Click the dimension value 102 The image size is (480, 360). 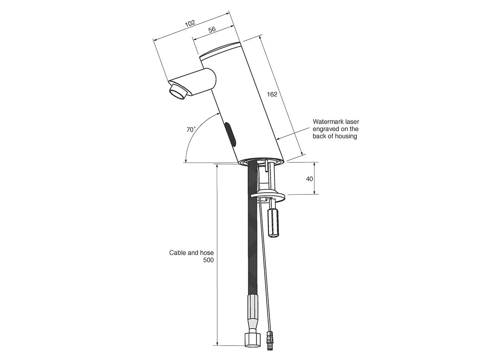point(190,23)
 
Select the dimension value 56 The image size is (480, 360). point(212,30)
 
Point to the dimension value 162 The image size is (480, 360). point(272,94)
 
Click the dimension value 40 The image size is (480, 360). point(309,179)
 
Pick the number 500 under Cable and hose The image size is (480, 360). point(208,260)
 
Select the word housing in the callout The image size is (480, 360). point(346,136)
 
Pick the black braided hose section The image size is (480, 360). point(252,240)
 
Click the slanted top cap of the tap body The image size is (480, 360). point(220,50)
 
